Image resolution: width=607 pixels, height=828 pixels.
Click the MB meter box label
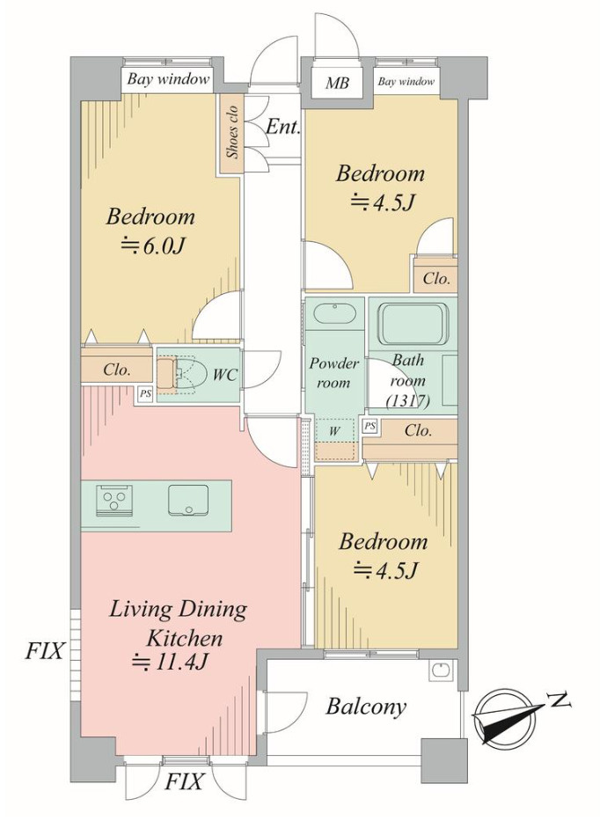tap(336, 83)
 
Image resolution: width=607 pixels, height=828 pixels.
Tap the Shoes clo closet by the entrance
tap(231, 133)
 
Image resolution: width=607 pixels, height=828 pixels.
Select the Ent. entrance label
tap(283, 126)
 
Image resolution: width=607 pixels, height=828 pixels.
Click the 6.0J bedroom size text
tap(153, 245)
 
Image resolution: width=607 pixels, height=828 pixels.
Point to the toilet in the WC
tap(182, 374)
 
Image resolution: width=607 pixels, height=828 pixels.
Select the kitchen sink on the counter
tap(188, 500)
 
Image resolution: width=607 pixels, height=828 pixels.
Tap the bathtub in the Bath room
tap(413, 323)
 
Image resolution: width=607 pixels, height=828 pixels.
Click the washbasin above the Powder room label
tap(333, 313)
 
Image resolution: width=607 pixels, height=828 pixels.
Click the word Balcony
tap(366, 707)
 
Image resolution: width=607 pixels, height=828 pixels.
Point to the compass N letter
tap(559, 700)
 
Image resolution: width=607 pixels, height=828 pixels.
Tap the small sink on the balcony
tap(439, 670)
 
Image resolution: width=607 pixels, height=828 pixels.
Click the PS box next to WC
tap(145, 394)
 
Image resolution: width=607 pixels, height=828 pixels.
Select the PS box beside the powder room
tap(370, 426)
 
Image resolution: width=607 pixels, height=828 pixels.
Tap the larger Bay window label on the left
tap(168, 80)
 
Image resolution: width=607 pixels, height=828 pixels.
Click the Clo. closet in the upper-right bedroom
tap(436, 278)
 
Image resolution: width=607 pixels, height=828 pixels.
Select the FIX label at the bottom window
tap(183, 781)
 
